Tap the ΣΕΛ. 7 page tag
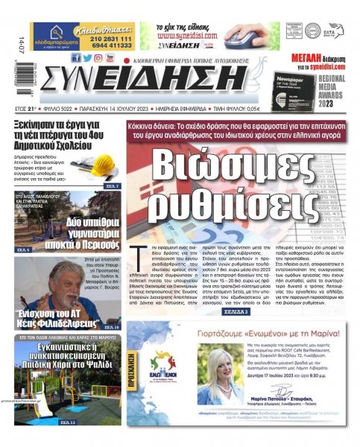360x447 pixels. click(110, 186)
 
